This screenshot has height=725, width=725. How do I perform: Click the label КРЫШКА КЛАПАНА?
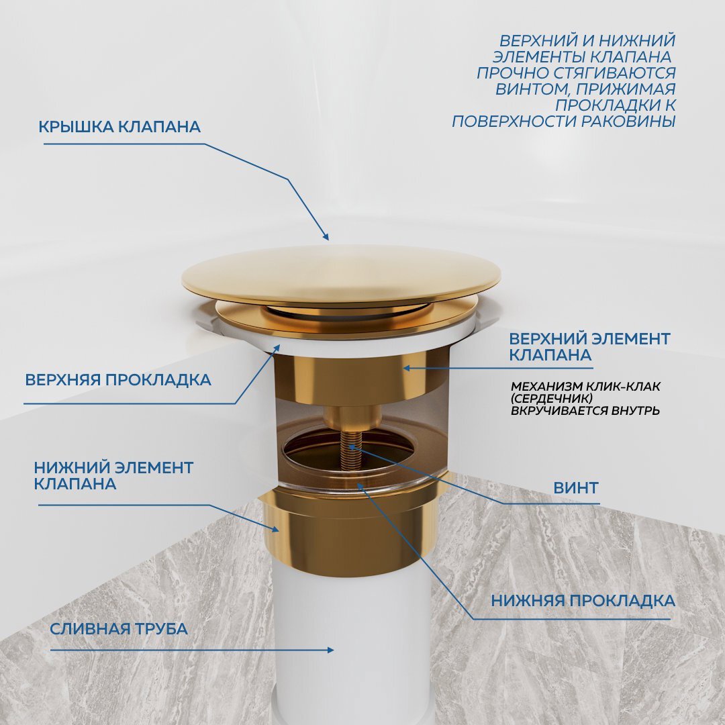coord(119,127)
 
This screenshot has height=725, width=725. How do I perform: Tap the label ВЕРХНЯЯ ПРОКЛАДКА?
coord(118,380)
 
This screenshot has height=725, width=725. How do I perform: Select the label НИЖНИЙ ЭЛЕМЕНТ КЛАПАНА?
coord(113,475)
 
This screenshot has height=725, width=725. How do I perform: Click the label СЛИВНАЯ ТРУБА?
coord(119,629)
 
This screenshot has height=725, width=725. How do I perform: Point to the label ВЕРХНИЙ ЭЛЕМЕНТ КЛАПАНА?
coord(589,346)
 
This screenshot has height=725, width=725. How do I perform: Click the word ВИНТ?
coord(575,488)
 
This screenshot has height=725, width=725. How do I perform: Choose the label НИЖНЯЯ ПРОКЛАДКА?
coord(583,600)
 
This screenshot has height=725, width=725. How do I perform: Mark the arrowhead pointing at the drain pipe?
coord(330,650)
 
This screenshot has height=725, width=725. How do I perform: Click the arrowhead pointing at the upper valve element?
coord(405,367)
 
